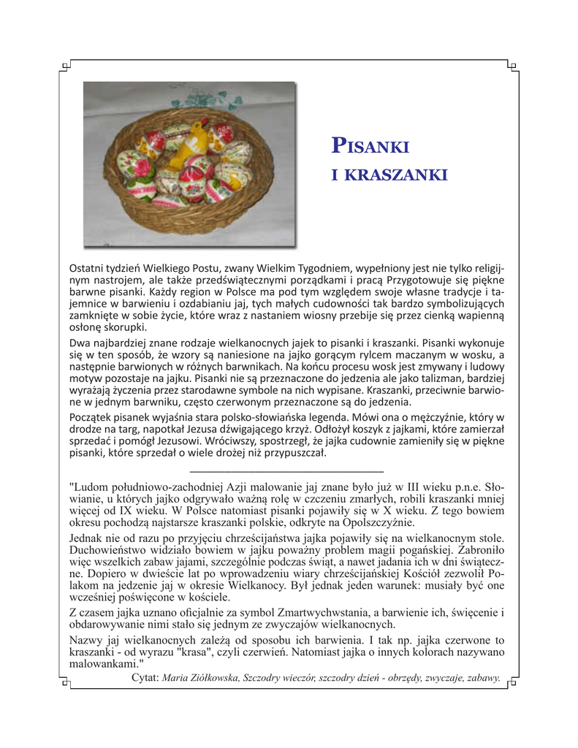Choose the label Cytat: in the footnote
click(x=145, y=677)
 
